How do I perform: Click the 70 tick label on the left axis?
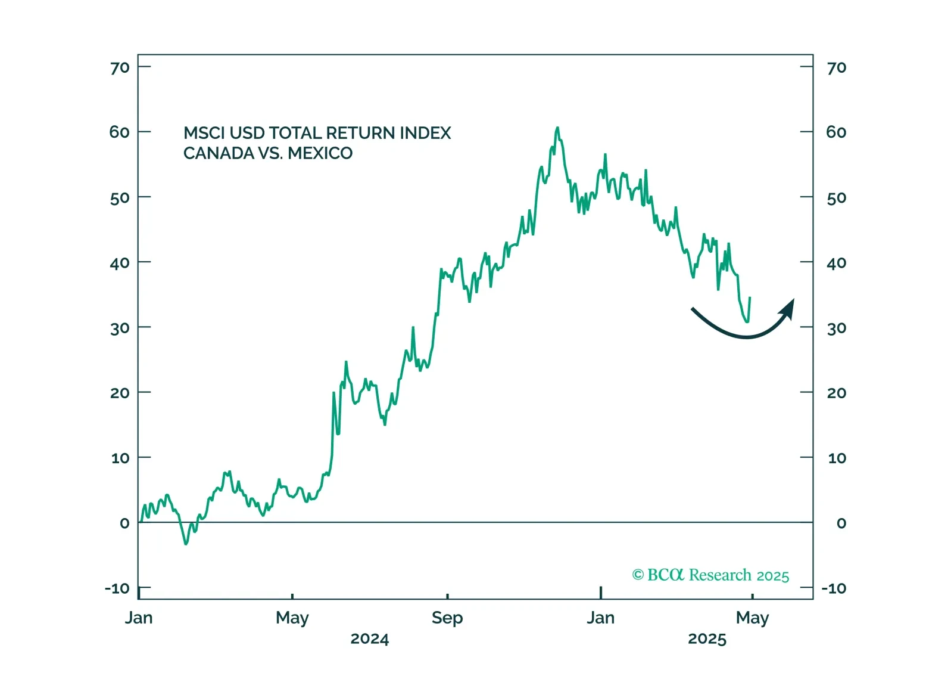120,68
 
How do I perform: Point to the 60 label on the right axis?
836,132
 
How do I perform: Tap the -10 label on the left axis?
117,589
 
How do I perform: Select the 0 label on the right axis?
841,523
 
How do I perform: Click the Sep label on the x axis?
447,618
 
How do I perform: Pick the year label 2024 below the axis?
369,639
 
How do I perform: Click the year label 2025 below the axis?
707,639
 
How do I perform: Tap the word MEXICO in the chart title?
320,154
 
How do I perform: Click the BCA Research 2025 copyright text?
710,575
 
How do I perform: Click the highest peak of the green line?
557,128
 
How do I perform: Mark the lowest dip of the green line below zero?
186,544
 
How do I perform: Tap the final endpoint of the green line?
750,297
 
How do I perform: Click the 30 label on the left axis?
120,328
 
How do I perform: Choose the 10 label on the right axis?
837,458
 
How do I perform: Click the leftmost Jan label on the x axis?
139,618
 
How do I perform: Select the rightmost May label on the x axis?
752,618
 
